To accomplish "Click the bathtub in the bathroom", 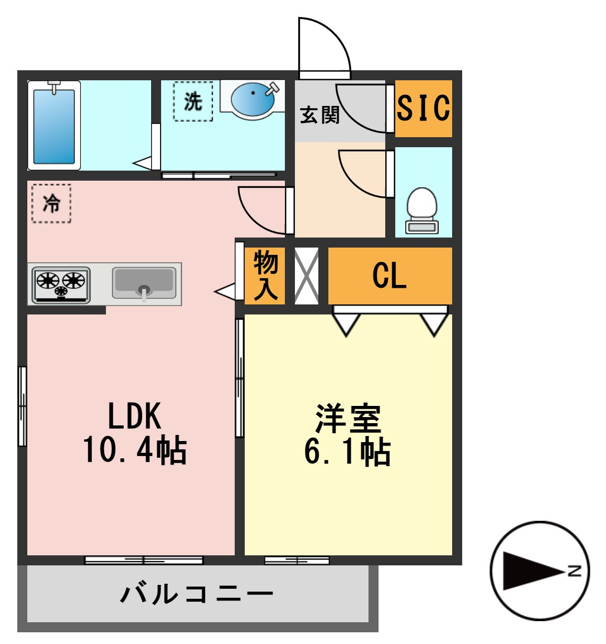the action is click(54, 125).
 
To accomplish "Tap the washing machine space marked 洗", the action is click(193, 101).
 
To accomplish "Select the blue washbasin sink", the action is click(253, 100).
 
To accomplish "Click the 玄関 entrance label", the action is click(320, 115).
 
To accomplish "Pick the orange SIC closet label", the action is click(423, 108).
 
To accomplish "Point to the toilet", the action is click(421, 211).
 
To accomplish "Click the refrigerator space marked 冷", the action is click(51, 204).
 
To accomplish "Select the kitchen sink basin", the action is click(144, 283).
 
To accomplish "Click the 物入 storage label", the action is click(265, 275).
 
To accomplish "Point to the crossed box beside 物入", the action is click(307, 275).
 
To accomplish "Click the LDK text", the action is click(134, 416).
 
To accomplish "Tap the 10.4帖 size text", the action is click(135, 450).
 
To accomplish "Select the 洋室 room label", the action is click(348, 419).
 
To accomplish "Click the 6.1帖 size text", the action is click(347, 452).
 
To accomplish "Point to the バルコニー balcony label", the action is click(197, 594).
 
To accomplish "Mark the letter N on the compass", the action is click(574, 570).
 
